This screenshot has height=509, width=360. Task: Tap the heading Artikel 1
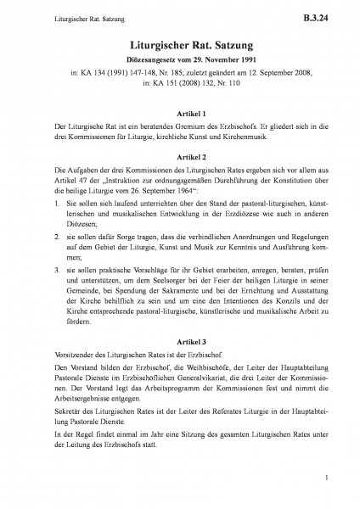point(180,113)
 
